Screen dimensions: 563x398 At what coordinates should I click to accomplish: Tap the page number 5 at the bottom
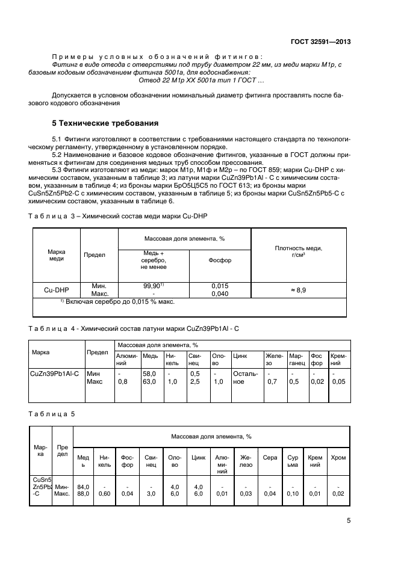349,521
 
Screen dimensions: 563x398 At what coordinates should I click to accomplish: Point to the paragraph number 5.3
58,170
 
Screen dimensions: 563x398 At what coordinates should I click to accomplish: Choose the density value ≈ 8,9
298,289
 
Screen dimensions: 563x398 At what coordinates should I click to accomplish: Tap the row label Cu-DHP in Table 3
56,289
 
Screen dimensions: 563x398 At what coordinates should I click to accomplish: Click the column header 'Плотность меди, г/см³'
298,251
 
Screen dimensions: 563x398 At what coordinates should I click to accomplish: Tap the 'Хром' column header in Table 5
338,458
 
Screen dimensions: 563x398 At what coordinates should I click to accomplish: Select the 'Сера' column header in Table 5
270,458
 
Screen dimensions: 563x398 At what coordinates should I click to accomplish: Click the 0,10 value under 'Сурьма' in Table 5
293,494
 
